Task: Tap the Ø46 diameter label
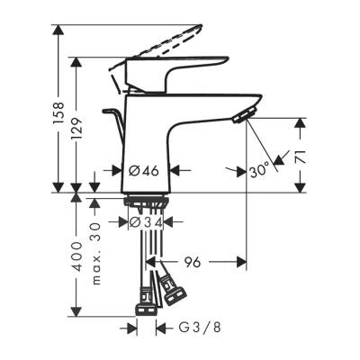(x=144, y=168)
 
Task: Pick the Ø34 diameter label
(x=144, y=222)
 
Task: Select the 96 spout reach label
(x=192, y=262)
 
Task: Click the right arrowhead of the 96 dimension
(x=243, y=262)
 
